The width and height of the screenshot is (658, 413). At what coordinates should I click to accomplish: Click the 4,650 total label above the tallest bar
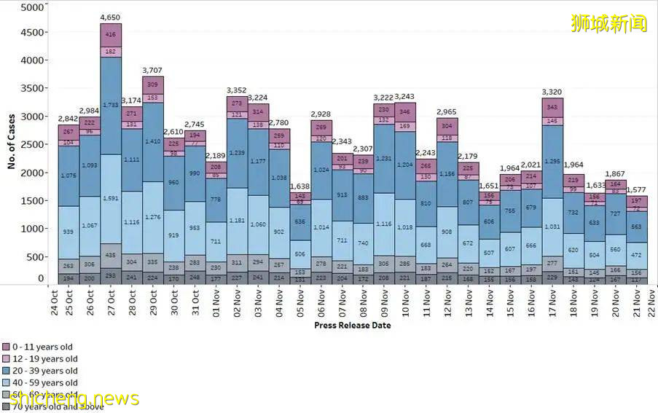click(x=111, y=16)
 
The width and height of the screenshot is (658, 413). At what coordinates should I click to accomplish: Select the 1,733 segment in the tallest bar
click(x=111, y=105)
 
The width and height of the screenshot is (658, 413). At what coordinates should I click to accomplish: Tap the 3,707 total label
click(x=153, y=70)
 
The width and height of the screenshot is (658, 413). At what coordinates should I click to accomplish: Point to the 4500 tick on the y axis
click(x=32, y=33)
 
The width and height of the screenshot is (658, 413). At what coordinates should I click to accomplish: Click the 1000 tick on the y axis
click(x=32, y=229)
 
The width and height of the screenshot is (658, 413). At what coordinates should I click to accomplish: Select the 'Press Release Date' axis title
click(x=352, y=325)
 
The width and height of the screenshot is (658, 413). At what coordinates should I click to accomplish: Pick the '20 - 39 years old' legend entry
click(x=46, y=371)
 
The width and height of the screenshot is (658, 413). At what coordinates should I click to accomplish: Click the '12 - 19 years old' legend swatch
click(x=6, y=359)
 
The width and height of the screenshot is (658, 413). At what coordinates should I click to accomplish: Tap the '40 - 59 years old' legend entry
click(x=46, y=382)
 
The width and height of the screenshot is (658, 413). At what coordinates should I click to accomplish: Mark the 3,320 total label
click(x=552, y=92)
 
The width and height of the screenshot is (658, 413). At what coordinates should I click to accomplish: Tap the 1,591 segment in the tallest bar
click(x=111, y=198)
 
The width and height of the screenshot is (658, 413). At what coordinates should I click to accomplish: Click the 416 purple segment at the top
click(x=111, y=34)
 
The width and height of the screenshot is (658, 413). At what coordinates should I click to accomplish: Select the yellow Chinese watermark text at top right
click(x=608, y=23)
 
